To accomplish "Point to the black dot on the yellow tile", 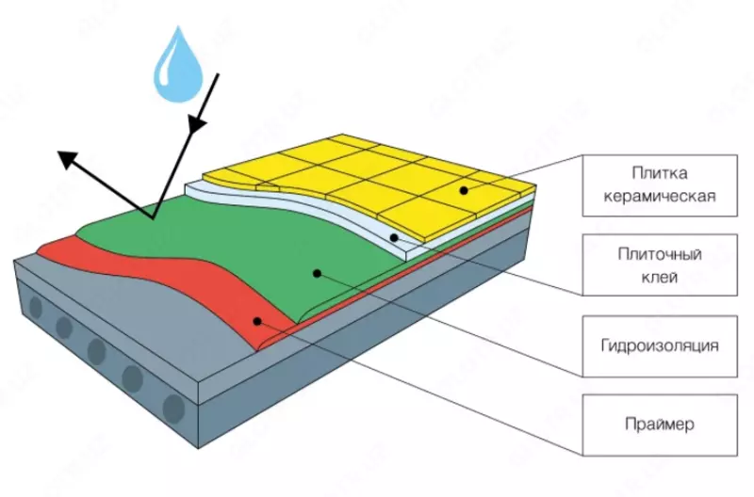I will (x=465, y=190).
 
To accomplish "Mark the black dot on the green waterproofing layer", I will (x=318, y=273).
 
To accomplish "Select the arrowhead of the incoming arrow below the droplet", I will (x=196, y=123).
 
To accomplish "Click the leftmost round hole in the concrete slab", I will (x=35, y=308).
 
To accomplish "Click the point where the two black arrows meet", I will (x=151, y=218).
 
